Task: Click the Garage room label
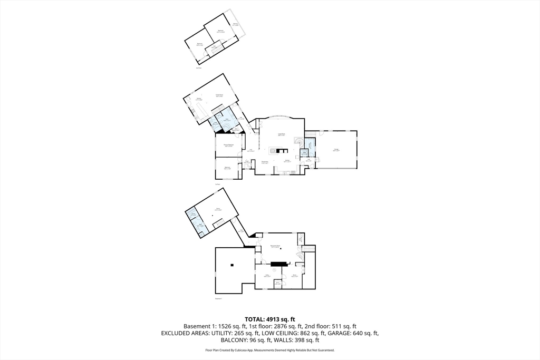(x=336, y=150)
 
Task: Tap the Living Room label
(x=282, y=135)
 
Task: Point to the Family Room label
(x=218, y=95)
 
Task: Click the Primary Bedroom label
(x=228, y=145)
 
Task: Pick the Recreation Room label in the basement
(x=275, y=247)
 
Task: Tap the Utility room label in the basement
(x=267, y=276)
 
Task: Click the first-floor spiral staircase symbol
(x=299, y=141)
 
